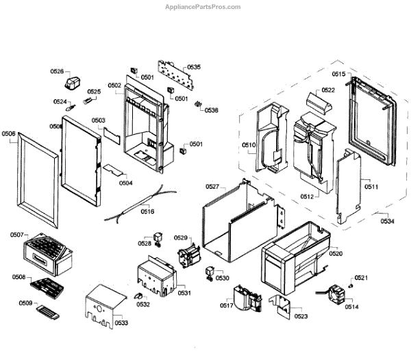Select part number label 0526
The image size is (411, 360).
click(57, 71)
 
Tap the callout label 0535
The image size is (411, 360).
click(194, 67)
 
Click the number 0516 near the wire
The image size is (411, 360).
click(147, 211)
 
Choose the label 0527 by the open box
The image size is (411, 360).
click(212, 186)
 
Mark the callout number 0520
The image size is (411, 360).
click(336, 253)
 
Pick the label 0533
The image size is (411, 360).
click(121, 322)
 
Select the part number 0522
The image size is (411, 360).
click(328, 90)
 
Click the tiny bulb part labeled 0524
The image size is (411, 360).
click(68, 106)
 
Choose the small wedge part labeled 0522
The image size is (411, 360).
click(319, 103)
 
